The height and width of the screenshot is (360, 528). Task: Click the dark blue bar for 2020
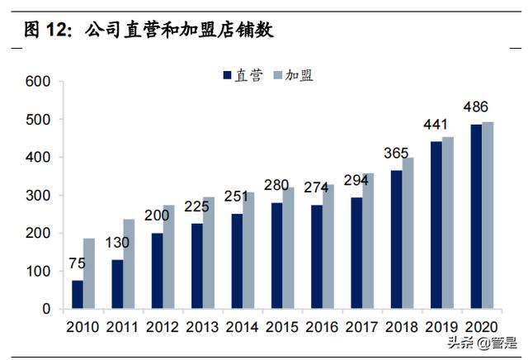pos(476,217)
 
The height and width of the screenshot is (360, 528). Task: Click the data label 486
pos(476,107)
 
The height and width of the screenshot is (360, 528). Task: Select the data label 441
pos(436,124)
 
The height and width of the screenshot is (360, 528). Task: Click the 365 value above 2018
pos(395,153)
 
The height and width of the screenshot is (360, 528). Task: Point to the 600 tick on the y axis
pos(39,82)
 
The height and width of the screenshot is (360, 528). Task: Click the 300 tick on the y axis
pos(39,196)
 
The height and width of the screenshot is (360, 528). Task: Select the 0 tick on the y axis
pos(46,310)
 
